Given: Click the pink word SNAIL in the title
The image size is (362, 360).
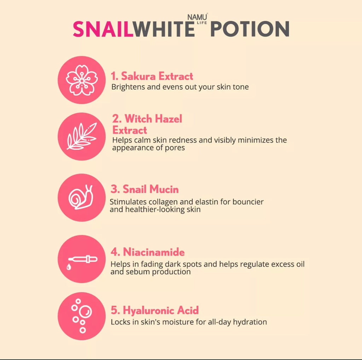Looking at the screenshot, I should coord(103,29).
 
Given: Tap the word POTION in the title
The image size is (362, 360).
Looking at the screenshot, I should coord(250,29).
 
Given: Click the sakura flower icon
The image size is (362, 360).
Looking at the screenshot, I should coord(82,80).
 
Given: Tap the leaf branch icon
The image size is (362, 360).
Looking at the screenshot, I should coord(82,137).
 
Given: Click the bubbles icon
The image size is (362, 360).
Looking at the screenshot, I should coord(81,316).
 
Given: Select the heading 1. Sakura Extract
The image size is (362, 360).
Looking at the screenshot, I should coord(152,76).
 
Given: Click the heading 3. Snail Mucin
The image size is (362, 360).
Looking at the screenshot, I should coord(145,189).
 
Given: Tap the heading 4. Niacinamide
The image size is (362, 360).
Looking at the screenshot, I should coord(147,252).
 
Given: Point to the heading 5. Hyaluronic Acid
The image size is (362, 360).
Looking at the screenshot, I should coord(154,310).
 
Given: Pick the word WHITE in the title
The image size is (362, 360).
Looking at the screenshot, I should coord(164,29).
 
